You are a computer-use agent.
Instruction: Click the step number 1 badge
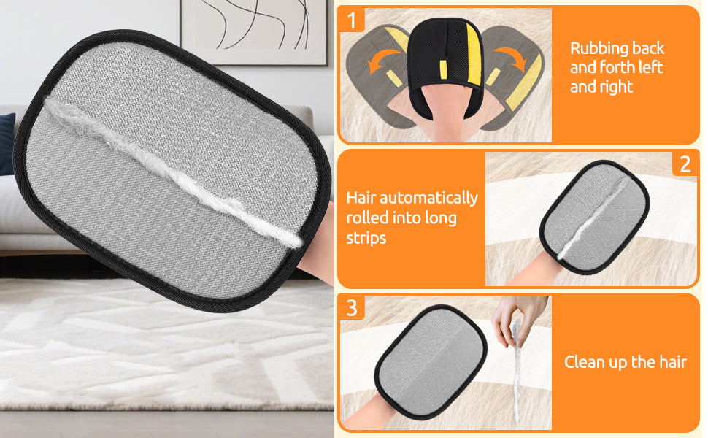353,20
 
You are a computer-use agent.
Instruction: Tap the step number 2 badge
685,164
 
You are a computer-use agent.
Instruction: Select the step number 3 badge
353,308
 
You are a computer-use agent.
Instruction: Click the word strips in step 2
366,238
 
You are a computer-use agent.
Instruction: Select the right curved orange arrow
511,58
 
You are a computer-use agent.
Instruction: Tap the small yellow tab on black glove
444,67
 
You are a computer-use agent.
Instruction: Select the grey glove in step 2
594,218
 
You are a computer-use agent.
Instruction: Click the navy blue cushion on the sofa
7,144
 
